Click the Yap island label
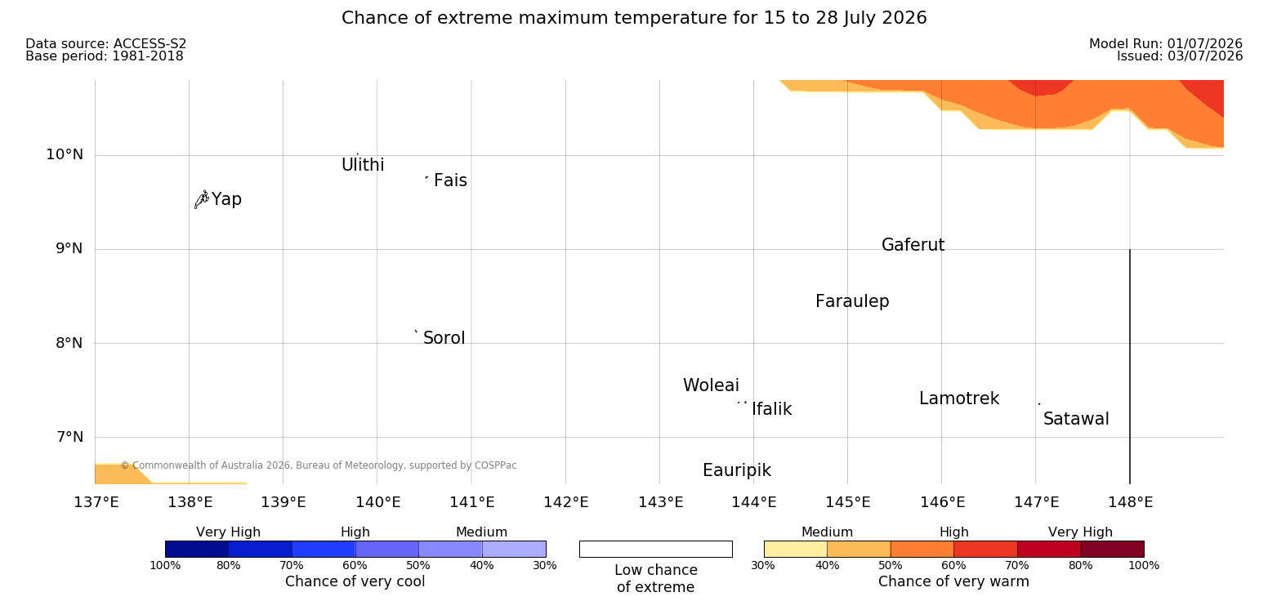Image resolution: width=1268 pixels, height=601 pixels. [226, 199]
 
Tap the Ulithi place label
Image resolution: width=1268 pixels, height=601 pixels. [363, 165]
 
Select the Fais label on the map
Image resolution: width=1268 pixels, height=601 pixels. [451, 180]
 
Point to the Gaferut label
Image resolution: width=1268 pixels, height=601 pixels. [913, 244]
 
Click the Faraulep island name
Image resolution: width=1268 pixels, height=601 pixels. [852, 301]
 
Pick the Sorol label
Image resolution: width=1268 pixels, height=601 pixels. [444, 338]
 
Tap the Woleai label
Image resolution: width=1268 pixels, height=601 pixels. [711, 385]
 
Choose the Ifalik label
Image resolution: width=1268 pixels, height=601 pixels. [771, 408]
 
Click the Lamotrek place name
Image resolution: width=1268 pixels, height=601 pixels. [959, 398]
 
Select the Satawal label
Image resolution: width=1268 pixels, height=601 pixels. [1076, 419]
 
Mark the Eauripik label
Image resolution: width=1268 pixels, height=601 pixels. [737, 470]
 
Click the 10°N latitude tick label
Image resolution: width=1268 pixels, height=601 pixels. [65, 154]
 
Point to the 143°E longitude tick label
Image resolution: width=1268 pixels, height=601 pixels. [661, 502]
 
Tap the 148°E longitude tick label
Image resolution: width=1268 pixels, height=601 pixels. [1131, 502]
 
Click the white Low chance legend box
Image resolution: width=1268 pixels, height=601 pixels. [655, 549]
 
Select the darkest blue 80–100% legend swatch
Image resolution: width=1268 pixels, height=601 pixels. [197, 549]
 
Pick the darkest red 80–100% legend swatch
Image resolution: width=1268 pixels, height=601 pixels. [1112, 549]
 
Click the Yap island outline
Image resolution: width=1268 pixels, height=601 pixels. [202, 200]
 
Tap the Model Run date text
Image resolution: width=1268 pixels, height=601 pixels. [1166, 43]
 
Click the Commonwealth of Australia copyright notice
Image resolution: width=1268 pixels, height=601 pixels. [319, 465]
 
